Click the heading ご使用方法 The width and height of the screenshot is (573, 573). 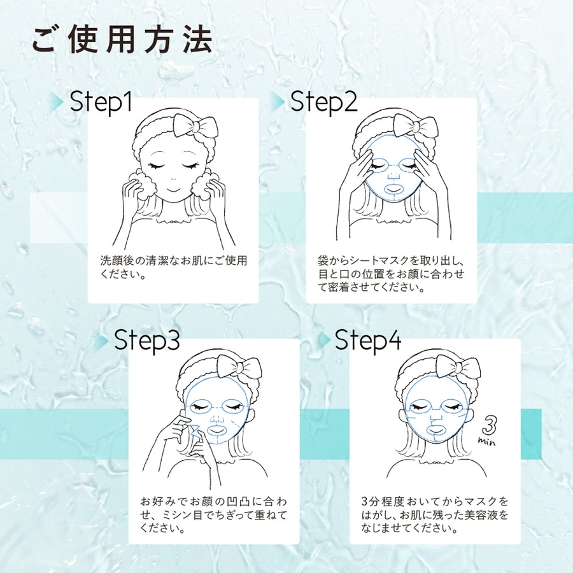click(122, 40)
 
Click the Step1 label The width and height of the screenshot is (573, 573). click(101, 102)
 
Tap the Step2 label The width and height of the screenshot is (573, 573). click(324, 102)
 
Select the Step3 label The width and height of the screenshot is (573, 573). click(147, 340)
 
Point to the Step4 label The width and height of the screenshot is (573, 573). click(368, 340)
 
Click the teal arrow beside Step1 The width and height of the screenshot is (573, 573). click(59, 101)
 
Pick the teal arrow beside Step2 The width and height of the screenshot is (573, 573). click(278, 101)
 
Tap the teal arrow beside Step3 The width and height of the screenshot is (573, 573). click(103, 341)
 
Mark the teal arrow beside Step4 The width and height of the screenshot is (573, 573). click(324, 341)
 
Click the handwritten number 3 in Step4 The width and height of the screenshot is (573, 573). click(490, 425)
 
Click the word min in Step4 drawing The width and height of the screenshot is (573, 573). click(487, 441)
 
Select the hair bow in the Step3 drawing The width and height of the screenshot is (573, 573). click(239, 366)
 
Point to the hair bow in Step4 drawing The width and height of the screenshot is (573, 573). click(458, 366)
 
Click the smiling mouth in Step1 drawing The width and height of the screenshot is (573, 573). click(174, 191)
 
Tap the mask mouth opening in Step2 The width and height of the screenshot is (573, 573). click(394, 189)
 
